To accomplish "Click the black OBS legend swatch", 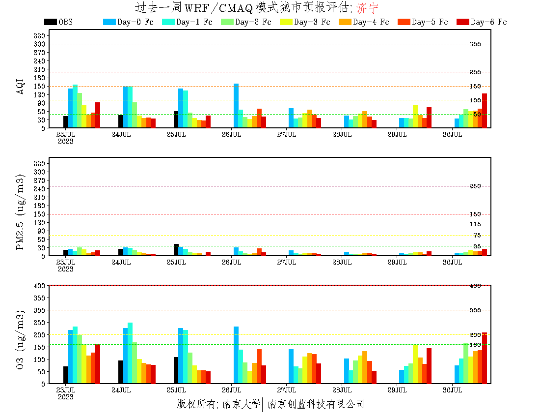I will click(x=50, y=22).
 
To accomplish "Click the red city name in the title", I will click(x=368, y=8).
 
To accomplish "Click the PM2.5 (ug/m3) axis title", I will click(x=21, y=212).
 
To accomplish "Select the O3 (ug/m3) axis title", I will click(x=21, y=339).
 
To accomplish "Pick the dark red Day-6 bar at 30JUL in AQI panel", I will click(x=485, y=111).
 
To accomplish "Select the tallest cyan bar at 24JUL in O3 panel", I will click(x=130, y=353).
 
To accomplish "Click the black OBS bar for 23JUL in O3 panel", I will click(x=65, y=375).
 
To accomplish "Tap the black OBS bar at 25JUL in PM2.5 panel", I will click(x=176, y=250).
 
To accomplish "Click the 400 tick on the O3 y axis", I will click(x=40, y=285).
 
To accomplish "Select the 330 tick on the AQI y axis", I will click(x=40, y=35).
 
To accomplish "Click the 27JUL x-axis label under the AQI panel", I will click(x=286, y=134).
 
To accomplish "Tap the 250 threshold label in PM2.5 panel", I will click(x=475, y=186).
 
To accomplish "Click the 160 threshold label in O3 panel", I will click(x=475, y=345).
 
